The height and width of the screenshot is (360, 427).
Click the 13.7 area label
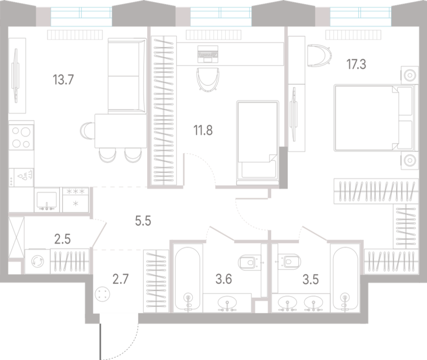coord(63,80)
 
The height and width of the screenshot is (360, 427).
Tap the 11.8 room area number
coord(203,130)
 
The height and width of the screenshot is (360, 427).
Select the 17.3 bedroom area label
coord(356,65)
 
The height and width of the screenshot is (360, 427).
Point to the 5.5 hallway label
coord(143,221)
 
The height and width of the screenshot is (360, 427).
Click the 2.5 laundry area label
coord(62,239)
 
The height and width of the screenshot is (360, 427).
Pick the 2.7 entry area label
coord(121,279)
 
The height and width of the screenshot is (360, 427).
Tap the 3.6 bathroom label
coord(224,279)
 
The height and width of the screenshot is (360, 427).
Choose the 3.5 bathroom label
coord(311,279)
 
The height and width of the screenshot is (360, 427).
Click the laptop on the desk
coord(208,54)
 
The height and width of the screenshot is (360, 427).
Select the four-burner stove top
coord(21,137)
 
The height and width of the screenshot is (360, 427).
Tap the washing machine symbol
coord(37,261)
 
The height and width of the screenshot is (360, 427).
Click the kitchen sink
coord(47,201)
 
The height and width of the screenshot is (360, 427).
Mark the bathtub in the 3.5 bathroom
coord(345,279)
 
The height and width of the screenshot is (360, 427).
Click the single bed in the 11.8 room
coord(258,143)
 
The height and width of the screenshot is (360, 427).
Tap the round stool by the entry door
coord(102,294)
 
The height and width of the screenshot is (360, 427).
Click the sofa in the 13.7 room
coord(127,76)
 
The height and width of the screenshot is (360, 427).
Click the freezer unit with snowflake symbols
coord(76,201)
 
